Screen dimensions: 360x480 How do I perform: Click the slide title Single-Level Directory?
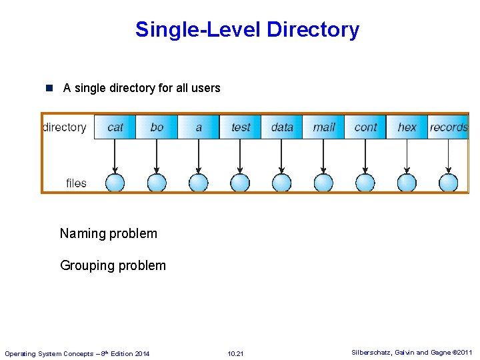click(x=247, y=29)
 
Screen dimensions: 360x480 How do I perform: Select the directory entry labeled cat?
click(x=115, y=127)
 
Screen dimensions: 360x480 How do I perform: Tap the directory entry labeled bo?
click(x=157, y=127)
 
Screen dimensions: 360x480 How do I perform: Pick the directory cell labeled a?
click(x=199, y=127)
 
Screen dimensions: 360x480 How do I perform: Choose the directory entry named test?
click(x=241, y=127)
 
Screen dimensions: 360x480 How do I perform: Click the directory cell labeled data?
click(x=282, y=127)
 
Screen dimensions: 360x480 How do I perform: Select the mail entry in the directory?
click(x=324, y=127)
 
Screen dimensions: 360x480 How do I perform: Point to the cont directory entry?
click(x=365, y=127)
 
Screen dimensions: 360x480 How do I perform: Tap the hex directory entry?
click(x=407, y=127)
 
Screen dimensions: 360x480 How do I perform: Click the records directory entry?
click(x=448, y=127)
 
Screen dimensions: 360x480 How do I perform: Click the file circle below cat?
click(x=115, y=183)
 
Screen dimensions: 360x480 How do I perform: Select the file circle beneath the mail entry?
click(x=324, y=183)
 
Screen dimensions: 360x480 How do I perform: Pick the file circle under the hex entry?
click(x=407, y=183)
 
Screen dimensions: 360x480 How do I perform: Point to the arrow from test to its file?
click(x=240, y=157)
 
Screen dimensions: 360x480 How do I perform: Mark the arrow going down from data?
click(x=282, y=157)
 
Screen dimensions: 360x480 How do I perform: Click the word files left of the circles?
click(x=76, y=183)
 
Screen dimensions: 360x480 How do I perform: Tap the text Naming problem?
click(x=109, y=233)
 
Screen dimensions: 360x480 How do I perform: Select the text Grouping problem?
click(x=113, y=265)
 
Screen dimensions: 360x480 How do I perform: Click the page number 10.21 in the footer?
click(x=235, y=353)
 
